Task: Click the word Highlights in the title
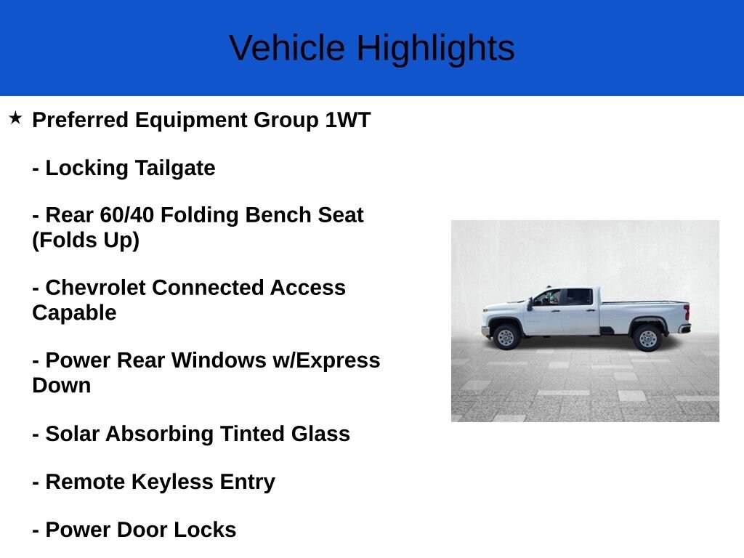(x=435, y=49)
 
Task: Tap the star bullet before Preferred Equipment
(x=15, y=118)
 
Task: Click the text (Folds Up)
(x=85, y=240)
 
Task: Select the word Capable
(x=74, y=312)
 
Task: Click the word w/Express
(x=335, y=360)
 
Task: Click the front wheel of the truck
(x=506, y=337)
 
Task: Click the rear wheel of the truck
(x=647, y=338)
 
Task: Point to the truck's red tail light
(x=687, y=313)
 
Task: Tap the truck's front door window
(x=549, y=297)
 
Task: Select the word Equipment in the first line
(x=191, y=120)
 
